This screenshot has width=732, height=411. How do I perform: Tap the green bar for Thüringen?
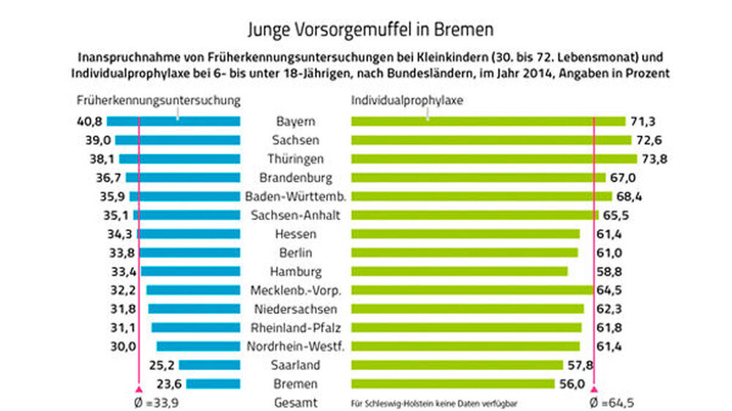pos(494,159)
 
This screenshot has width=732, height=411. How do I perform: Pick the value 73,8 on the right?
pos(654,159)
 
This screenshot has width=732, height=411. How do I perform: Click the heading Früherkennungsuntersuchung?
pos(159,99)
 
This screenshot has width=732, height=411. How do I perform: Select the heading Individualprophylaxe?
pos(398,99)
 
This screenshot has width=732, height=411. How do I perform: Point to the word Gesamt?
pos(296,402)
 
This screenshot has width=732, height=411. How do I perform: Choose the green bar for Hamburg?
pos(459,271)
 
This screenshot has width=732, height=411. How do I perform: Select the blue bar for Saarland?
pos(209,365)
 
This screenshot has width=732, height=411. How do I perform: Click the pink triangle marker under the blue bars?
pos(138,390)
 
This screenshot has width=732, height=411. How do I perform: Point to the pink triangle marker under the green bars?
pos(594,391)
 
